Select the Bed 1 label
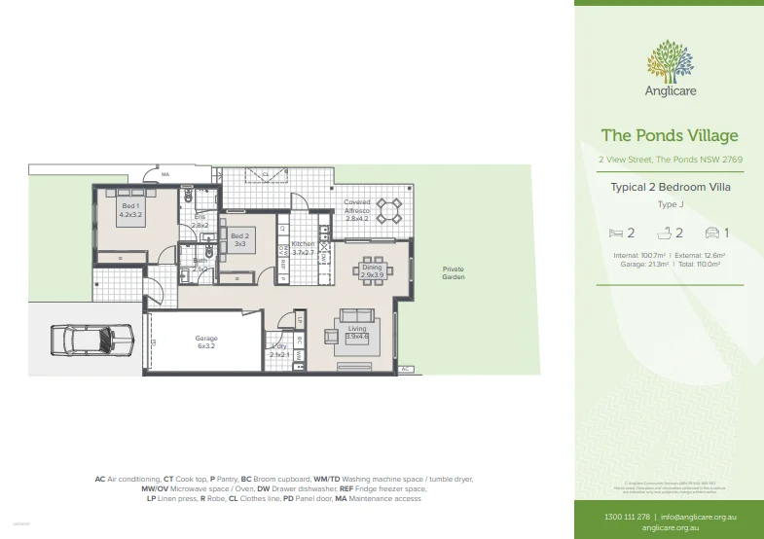(x=130, y=211)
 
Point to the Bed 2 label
(x=239, y=239)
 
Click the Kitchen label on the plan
(x=304, y=247)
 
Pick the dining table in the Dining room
(x=373, y=271)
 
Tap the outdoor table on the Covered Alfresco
(x=389, y=209)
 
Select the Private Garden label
(x=453, y=273)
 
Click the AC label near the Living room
(x=406, y=370)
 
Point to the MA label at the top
(x=165, y=175)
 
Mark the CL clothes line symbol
(x=265, y=174)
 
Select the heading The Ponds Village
(x=670, y=135)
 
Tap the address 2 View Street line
(x=670, y=159)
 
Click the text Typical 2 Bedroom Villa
(x=670, y=186)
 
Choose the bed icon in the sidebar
(x=615, y=233)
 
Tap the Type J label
(x=670, y=204)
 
